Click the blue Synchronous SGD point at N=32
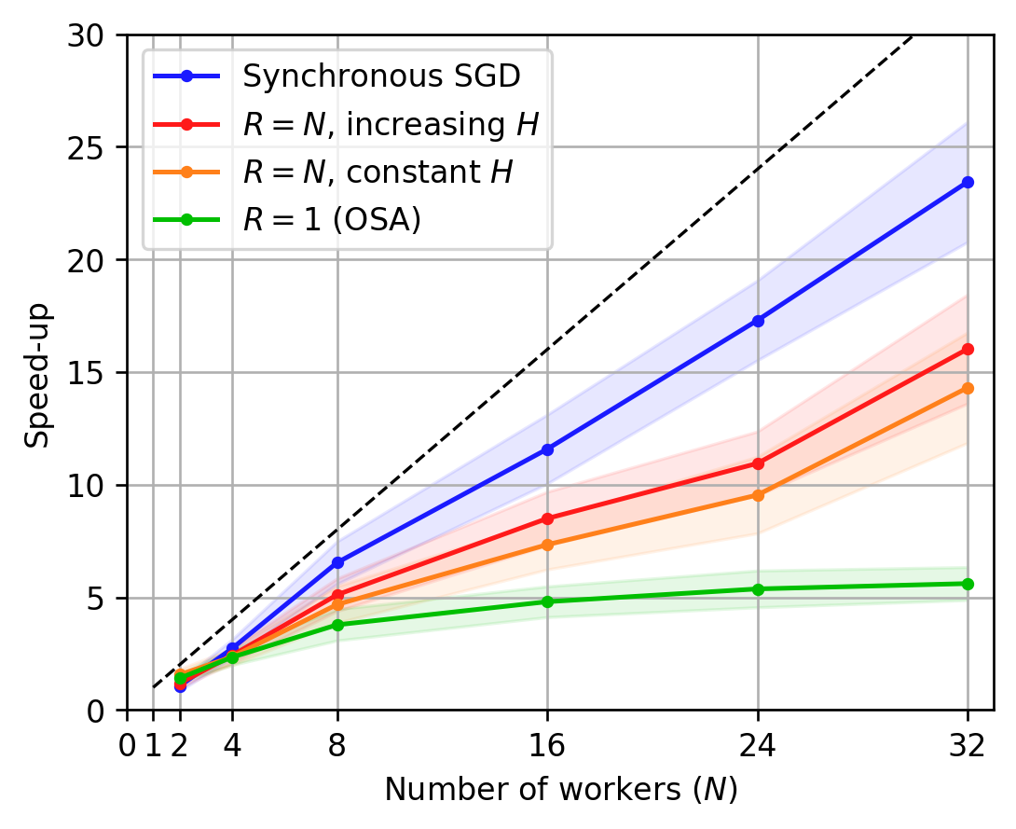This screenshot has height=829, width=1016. point(968,182)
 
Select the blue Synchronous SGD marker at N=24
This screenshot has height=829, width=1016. point(758,320)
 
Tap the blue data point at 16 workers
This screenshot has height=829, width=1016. point(547,449)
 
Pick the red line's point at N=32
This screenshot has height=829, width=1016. point(968,349)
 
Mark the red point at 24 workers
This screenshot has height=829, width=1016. point(758,463)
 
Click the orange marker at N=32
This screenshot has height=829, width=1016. point(968,388)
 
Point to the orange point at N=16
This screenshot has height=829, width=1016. point(547,545)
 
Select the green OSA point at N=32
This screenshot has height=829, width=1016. point(968,584)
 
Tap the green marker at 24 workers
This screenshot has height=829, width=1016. point(758,588)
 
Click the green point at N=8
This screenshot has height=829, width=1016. point(337,625)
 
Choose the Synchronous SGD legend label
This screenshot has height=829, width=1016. point(380,76)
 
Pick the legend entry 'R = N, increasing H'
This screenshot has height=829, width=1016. point(391,124)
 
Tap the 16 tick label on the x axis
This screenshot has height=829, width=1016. point(547,748)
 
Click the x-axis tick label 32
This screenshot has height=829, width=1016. point(968,748)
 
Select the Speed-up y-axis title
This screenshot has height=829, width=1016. point(37,373)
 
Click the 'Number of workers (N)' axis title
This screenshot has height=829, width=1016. point(560,790)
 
